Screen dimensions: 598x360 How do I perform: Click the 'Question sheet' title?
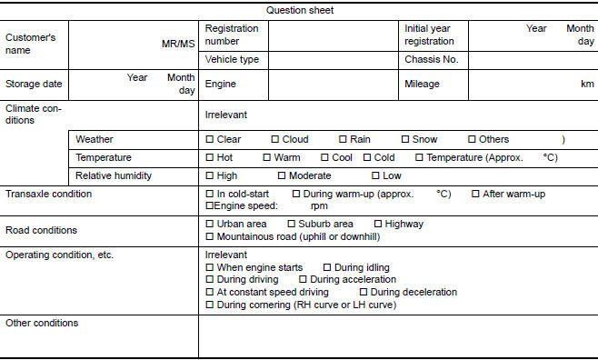pos(300,11)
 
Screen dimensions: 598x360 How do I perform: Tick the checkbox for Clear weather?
pos(210,140)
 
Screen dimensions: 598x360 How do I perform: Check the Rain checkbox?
pos(343,140)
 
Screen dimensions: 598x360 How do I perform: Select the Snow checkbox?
pos(405,140)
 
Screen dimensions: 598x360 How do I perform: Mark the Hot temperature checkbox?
pos(210,157)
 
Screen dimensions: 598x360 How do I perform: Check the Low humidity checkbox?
pos(374,175)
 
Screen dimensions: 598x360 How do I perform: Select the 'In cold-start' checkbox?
pos(210,195)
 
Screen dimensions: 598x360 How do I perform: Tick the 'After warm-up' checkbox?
pos(475,195)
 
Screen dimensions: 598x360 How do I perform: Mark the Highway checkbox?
pos(378,224)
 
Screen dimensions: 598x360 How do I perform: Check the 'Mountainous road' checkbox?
pos(210,236)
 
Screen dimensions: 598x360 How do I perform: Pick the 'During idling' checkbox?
pos(327,267)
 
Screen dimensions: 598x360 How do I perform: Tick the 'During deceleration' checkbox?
pos(364,293)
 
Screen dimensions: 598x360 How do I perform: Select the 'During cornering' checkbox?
pos(210,305)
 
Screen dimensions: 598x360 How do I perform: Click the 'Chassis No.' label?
pos(431,59)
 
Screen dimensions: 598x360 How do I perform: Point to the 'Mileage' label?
pos(422,84)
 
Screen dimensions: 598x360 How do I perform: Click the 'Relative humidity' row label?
pos(113,175)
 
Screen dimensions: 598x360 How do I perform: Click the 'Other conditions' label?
pos(42,323)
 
